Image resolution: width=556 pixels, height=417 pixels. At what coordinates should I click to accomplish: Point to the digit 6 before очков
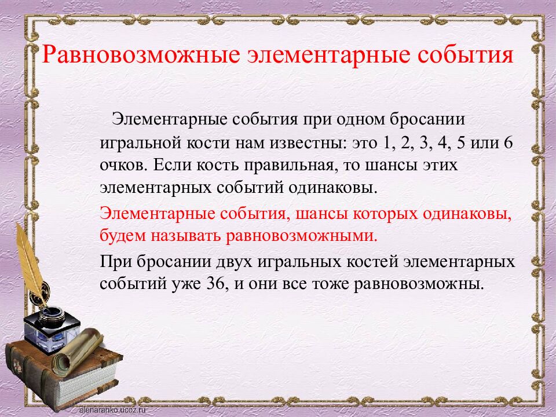(x=507, y=142)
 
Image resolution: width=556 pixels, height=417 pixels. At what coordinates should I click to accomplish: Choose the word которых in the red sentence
(x=388, y=213)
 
